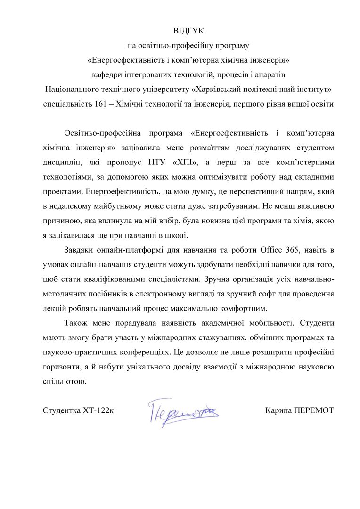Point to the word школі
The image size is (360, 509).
tap(178, 234)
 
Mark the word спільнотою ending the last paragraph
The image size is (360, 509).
tap(65, 381)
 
